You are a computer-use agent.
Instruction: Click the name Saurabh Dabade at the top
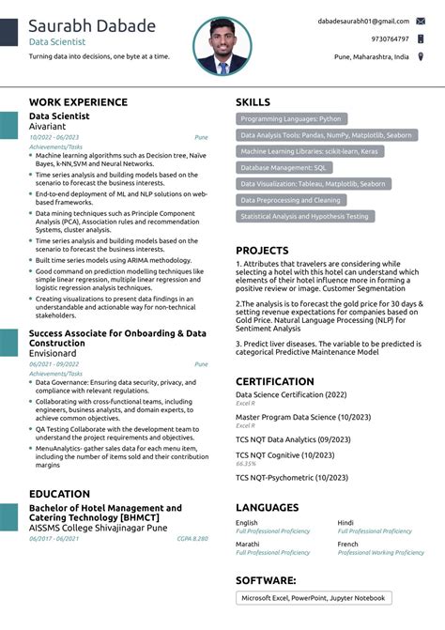click(92, 25)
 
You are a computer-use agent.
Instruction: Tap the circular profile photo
click(222, 46)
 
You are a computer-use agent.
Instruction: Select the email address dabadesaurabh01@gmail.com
click(362, 21)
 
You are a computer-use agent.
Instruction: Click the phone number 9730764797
click(390, 38)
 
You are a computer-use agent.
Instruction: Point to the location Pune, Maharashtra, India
click(371, 56)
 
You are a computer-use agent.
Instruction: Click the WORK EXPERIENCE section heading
click(78, 101)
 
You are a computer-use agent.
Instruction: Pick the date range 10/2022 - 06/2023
click(54, 137)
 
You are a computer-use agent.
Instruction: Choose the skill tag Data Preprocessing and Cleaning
click(290, 200)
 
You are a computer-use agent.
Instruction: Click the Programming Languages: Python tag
click(290, 119)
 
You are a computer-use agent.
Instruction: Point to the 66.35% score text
click(246, 463)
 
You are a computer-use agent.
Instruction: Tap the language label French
click(348, 545)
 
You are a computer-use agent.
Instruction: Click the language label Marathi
click(248, 545)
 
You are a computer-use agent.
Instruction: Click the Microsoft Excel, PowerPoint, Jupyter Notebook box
click(313, 598)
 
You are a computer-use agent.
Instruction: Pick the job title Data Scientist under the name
click(57, 42)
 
